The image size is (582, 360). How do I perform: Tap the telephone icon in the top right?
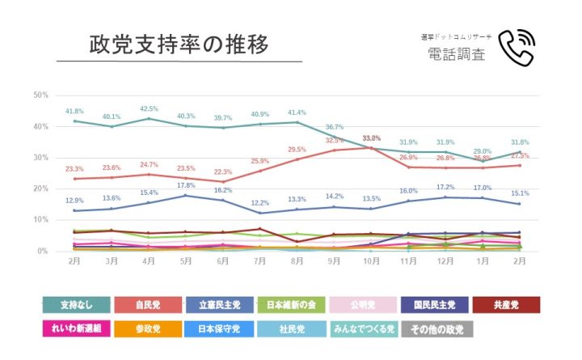tap(517, 48)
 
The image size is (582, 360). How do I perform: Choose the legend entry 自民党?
tap(146, 305)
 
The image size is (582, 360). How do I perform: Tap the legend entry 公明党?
tap(361, 305)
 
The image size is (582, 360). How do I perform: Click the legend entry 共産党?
tap(504, 305)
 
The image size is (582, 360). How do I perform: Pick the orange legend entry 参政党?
tap(146, 329)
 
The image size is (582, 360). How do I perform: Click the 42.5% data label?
tap(149, 108)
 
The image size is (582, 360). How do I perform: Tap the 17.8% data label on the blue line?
tap(186, 185)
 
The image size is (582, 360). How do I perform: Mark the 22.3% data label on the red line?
tap(222, 172)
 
